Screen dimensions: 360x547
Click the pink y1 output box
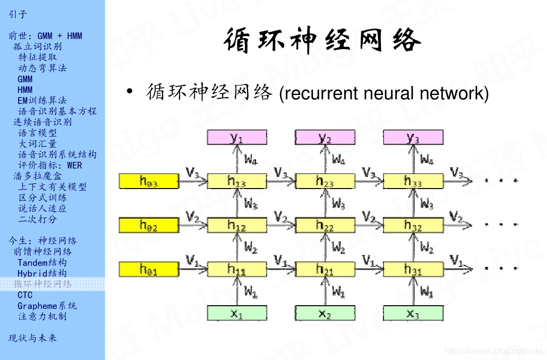tap(237, 137)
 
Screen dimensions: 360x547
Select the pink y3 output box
tap(413, 137)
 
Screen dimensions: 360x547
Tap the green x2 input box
tap(325, 313)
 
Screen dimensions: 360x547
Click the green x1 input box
tap(237, 313)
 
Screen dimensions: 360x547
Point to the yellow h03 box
tap(148, 181)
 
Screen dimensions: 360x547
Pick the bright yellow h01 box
tap(148, 269)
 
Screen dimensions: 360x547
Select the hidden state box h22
tap(325, 225)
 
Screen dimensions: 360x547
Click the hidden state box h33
tap(413, 181)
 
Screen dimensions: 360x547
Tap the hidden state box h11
tap(237, 269)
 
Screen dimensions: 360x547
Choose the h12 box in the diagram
tap(237, 225)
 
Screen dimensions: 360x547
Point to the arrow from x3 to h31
tap(413, 291)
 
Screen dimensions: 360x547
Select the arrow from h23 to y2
tap(325, 159)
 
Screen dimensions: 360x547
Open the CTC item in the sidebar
tap(25, 295)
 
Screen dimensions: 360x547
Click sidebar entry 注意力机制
tap(42, 317)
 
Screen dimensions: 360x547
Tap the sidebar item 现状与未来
tap(33, 338)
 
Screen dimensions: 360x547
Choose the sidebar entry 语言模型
tap(37, 133)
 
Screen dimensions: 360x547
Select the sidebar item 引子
tap(18, 14)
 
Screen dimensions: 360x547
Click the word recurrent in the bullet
tap(319, 94)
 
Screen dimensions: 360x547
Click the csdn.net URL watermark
tap(493, 350)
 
